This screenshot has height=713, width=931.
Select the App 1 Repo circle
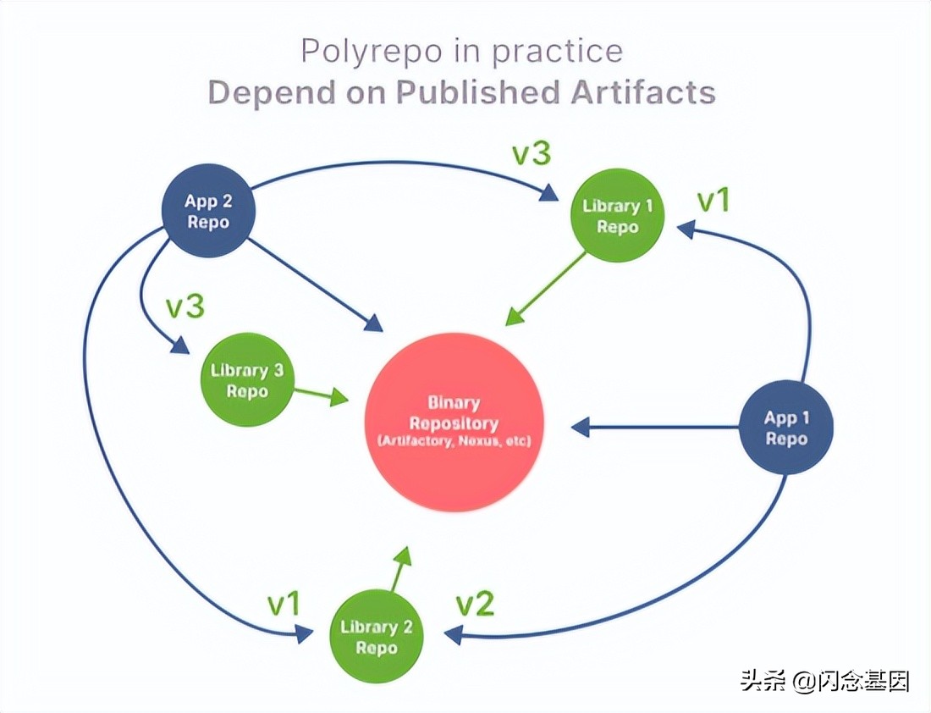point(786,428)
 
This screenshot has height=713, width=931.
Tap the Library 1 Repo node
point(617,216)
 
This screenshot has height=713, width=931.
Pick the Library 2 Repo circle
point(377,638)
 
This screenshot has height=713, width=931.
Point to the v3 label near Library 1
point(532,154)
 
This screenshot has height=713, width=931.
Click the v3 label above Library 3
point(185,307)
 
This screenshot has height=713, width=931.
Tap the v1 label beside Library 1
point(712,201)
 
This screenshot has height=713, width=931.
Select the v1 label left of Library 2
point(284,605)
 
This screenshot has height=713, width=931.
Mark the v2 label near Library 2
point(475,605)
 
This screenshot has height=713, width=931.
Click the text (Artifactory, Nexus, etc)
point(454,441)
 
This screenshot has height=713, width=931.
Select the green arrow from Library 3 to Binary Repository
point(321,394)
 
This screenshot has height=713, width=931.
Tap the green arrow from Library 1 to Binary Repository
point(547,288)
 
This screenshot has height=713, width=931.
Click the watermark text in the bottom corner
point(825,680)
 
